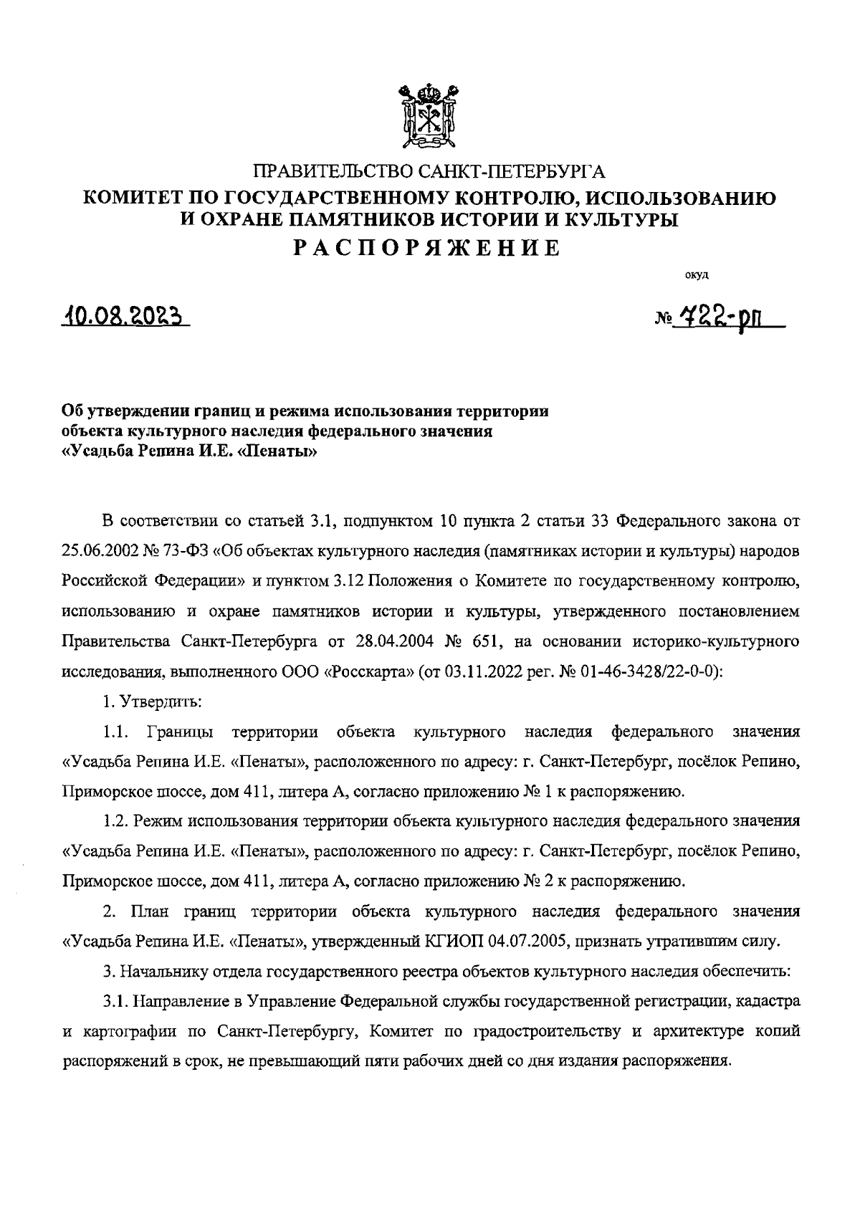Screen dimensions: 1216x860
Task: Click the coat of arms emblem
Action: pyautogui.click(x=428, y=117)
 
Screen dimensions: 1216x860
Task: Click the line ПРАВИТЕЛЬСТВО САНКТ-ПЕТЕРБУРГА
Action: pyautogui.click(x=429, y=171)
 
